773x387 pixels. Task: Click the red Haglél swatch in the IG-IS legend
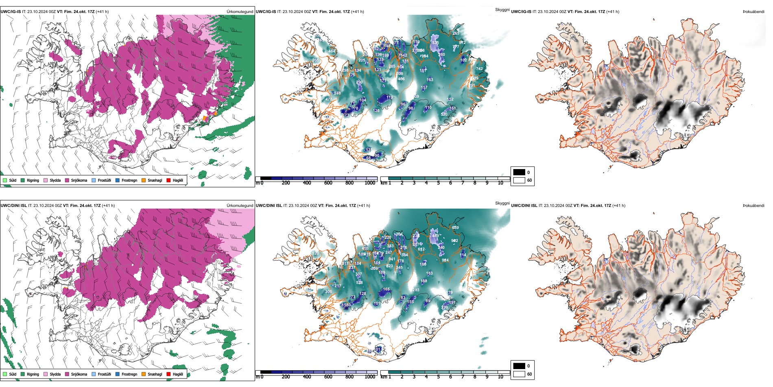tap(168, 180)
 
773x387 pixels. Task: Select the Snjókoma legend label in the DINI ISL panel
tap(79, 374)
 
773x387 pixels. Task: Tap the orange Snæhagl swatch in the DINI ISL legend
tap(144, 374)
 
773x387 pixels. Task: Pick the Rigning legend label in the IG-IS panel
tap(33, 180)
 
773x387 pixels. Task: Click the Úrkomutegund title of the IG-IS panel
tap(240, 12)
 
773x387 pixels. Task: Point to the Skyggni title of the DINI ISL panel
tap(502, 203)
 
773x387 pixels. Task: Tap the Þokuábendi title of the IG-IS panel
tap(753, 12)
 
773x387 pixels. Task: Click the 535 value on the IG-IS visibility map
tap(435, 43)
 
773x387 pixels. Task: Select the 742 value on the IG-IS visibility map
tap(479, 69)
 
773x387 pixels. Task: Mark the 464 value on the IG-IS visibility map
tap(332, 51)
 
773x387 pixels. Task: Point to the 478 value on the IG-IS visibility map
tap(329, 99)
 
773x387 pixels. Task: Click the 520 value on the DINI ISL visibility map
tap(316, 253)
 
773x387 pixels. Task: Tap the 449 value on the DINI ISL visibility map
tap(435, 236)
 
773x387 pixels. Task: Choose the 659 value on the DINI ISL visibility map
tap(455, 228)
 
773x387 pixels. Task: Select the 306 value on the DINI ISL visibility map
tap(329, 291)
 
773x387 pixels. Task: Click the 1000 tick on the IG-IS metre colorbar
tap(370, 183)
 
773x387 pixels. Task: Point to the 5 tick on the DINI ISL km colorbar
tap(438, 377)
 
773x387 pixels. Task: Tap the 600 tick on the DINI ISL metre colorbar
tap(328, 377)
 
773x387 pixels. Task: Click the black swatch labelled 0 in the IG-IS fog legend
tap(519, 172)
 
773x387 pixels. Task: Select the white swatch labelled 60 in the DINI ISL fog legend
tap(519, 374)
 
